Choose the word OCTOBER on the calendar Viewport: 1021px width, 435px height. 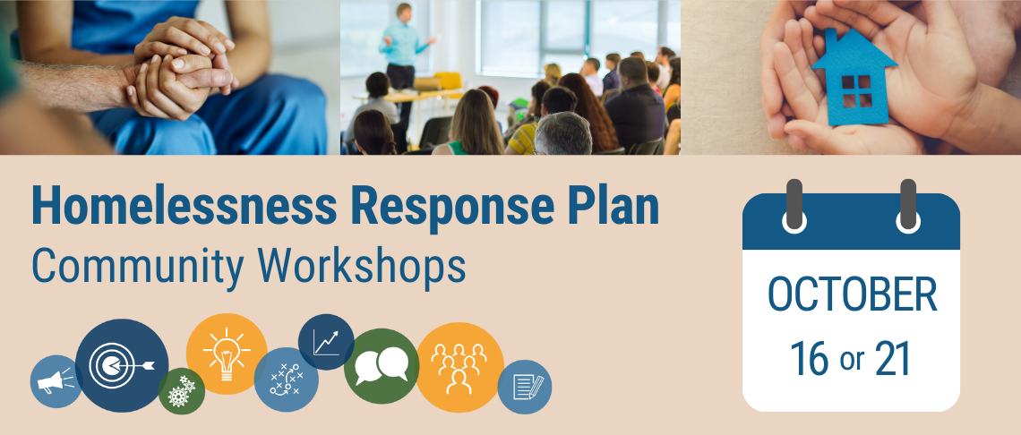(852, 295)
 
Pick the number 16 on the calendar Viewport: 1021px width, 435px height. (809, 359)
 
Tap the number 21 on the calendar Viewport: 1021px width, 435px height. (892, 359)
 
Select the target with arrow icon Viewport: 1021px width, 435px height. (122, 365)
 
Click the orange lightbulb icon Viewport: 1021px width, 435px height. (226, 353)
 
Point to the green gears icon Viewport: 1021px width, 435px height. (182, 391)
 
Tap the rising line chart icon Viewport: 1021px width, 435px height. (326, 342)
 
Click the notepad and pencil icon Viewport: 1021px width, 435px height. (525, 387)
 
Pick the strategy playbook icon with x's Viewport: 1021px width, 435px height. (287, 380)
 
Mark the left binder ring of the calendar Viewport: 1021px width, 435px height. (794, 205)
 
